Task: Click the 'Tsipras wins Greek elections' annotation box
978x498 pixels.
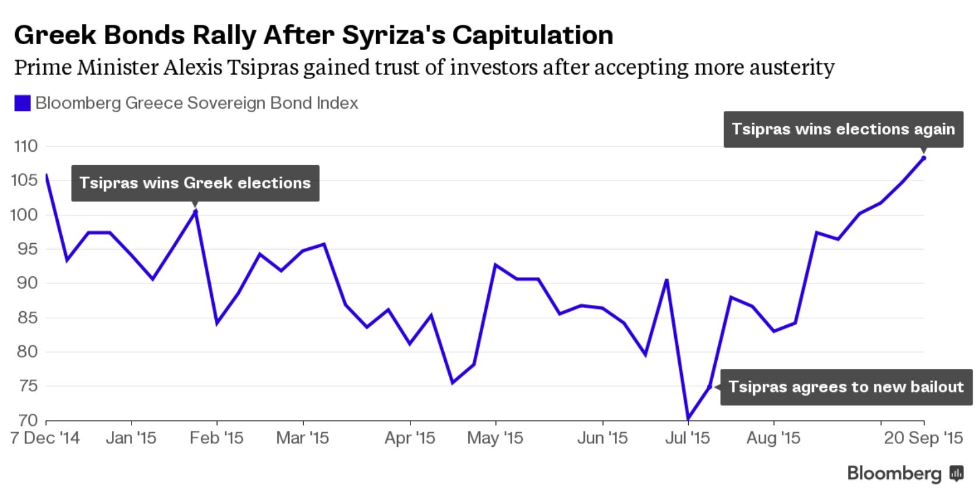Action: click(195, 183)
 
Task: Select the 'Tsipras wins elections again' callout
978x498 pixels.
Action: click(843, 129)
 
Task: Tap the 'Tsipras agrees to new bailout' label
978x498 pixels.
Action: click(846, 387)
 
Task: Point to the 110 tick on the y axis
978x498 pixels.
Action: click(25, 146)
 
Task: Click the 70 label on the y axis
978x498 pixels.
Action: click(25, 420)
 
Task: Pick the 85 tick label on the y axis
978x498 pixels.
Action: click(25, 318)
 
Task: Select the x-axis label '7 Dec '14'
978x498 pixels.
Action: click(45, 437)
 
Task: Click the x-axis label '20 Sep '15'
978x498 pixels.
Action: click(923, 437)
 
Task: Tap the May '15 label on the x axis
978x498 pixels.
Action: click(495, 437)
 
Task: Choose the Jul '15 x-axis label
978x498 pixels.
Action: click(688, 437)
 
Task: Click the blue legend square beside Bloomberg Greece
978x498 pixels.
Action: click(22, 104)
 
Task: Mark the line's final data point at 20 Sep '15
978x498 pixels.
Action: click(924, 158)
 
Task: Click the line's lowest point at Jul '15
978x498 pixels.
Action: click(688, 418)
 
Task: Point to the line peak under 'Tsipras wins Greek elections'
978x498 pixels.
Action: click(195, 211)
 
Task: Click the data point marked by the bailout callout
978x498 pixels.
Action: click(710, 386)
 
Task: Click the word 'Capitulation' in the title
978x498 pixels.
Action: click(533, 35)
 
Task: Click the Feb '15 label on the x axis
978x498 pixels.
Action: click(217, 437)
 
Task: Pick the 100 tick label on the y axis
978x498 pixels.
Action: click(25, 215)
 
